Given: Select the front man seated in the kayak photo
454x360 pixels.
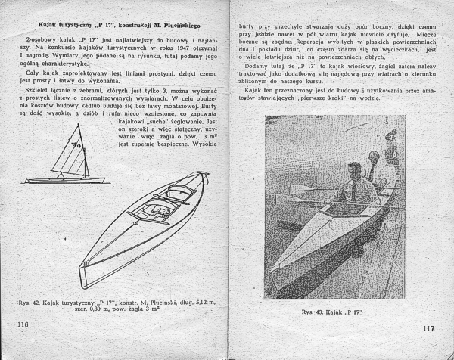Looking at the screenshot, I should click(351, 182).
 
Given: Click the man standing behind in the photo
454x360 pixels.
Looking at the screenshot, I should click(373, 166).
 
